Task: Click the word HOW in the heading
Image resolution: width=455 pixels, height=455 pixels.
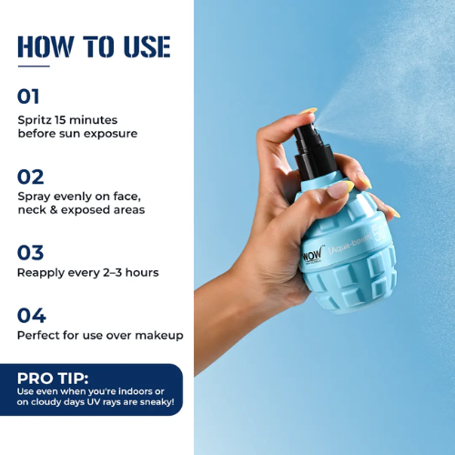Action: point(45,46)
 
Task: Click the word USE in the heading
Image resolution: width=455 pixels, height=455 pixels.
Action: point(147,46)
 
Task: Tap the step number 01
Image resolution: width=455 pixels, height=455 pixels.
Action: point(28,96)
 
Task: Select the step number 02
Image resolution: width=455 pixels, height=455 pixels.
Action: point(31,177)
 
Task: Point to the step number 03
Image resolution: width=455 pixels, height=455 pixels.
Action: point(31,253)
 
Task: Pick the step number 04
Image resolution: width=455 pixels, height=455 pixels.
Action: point(32,316)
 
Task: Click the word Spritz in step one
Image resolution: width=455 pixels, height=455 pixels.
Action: point(35,120)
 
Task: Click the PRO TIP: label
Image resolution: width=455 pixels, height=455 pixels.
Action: point(53,379)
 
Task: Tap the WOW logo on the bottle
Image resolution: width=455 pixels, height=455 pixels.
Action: point(312,256)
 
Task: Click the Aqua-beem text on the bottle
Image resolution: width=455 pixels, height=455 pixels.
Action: point(350,244)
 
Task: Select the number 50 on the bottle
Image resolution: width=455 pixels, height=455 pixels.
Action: point(379,233)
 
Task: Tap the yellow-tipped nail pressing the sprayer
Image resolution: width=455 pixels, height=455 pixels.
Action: point(308,111)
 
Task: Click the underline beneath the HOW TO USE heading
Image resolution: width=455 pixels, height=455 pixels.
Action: point(34,66)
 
